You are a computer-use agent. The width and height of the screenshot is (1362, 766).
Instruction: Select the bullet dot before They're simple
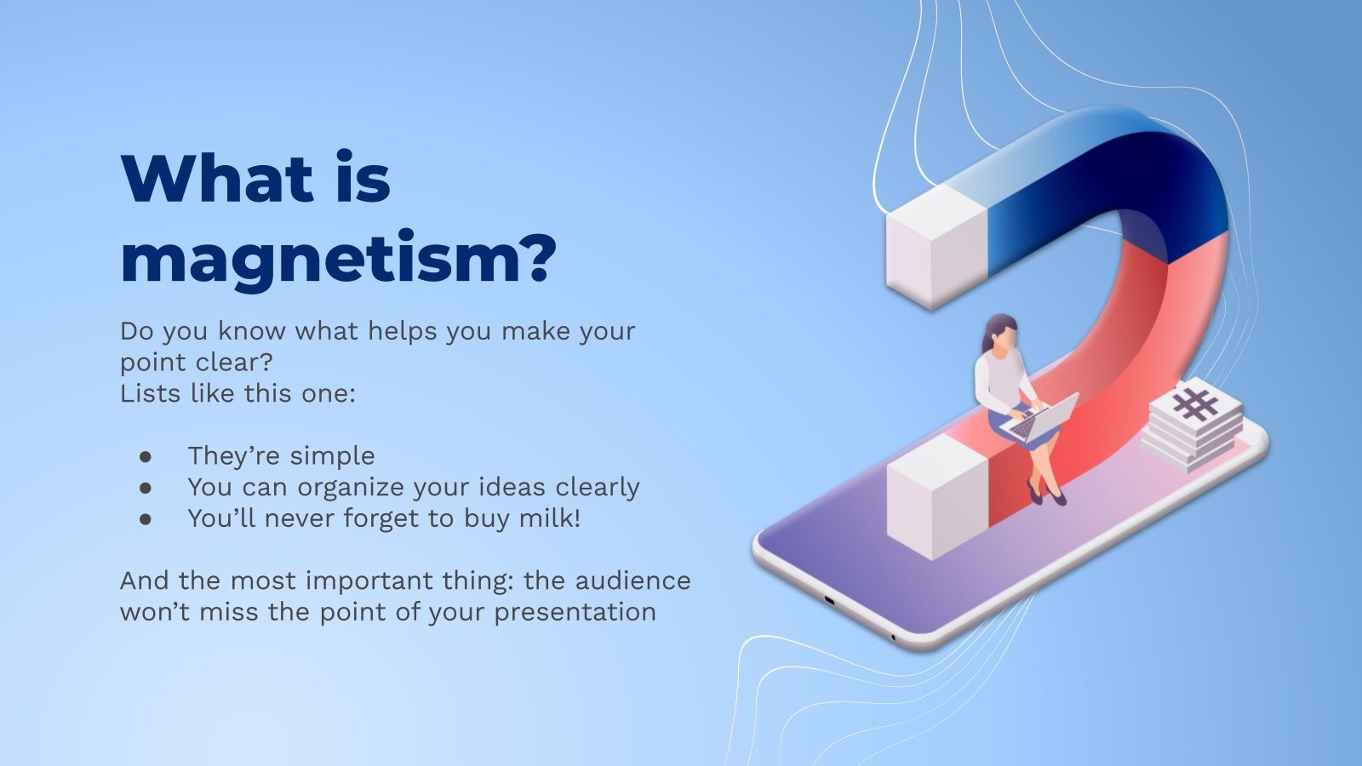coord(146,456)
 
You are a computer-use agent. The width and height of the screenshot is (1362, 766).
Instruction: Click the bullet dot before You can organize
coord(146,488)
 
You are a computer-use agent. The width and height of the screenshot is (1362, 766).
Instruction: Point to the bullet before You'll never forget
coord(146,518)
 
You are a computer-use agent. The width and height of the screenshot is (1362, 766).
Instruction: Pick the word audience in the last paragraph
coord(633,580)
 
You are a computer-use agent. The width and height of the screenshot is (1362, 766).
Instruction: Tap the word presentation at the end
coord(575,613)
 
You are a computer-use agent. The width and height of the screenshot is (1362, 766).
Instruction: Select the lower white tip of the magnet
coord(937,496)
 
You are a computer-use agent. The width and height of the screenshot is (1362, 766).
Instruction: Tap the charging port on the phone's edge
coord(830,601)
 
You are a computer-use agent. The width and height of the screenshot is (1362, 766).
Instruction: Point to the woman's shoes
coord(1047,494)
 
